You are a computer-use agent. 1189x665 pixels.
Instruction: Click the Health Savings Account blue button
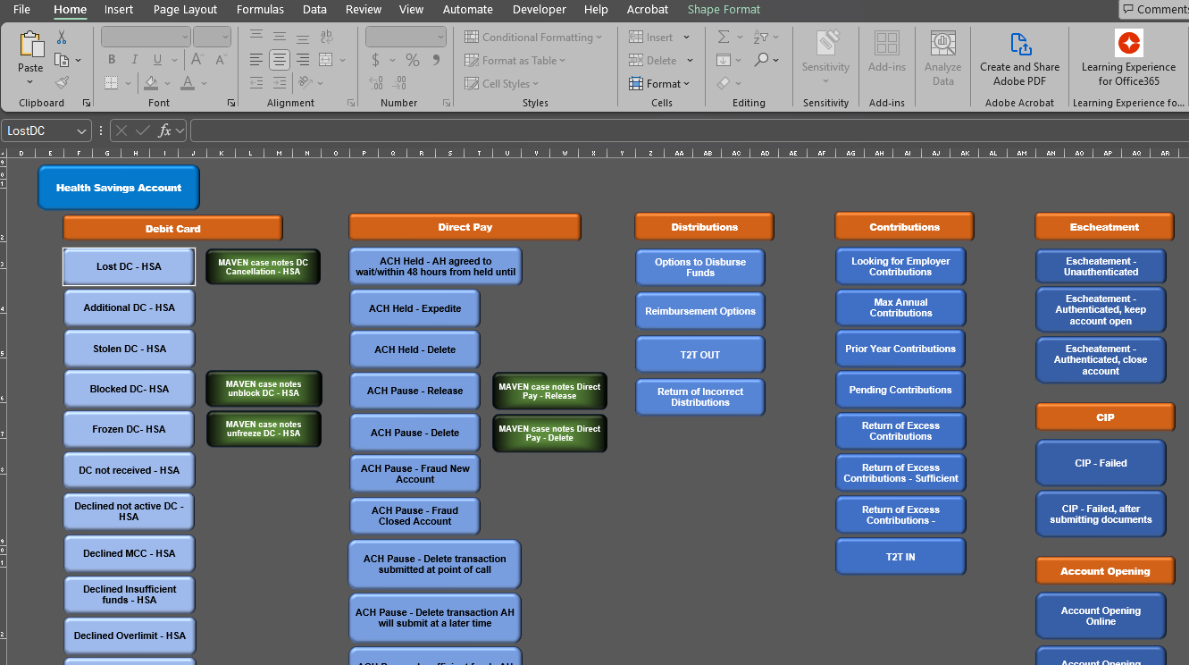tap(119, 188)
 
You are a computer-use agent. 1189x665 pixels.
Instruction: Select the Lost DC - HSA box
tap(129, 266)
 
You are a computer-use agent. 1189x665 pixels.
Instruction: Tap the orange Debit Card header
tap(172, 229)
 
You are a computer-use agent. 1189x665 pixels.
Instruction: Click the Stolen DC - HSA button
tap(129, 349)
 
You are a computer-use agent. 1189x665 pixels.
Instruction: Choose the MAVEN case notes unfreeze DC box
tap(264, 429)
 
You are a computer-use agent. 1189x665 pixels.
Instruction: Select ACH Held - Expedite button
tap(414, 308)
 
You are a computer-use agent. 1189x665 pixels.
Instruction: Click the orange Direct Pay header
tap(465, 227)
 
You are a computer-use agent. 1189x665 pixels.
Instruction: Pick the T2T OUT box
tap(699, 355)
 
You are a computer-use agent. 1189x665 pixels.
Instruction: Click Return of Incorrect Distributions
tap(699, 397)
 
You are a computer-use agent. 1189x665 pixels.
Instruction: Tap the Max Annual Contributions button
tap(900, 307)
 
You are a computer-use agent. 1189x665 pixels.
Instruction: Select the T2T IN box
tap(900, 557)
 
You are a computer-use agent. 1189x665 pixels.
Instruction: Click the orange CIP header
tap(1105, 417)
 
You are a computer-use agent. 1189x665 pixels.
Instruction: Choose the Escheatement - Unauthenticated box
tap(1101, 266)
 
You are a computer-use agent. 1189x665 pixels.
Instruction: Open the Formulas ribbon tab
tap(260, 10)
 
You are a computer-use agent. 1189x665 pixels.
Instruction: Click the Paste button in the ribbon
tap(30, 55)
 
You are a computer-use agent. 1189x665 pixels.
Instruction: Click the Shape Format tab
tap(724, 10)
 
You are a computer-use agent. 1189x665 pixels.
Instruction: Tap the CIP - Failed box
tap(1101, 463)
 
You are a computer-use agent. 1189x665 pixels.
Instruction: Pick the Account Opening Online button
tap(1101, 616)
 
